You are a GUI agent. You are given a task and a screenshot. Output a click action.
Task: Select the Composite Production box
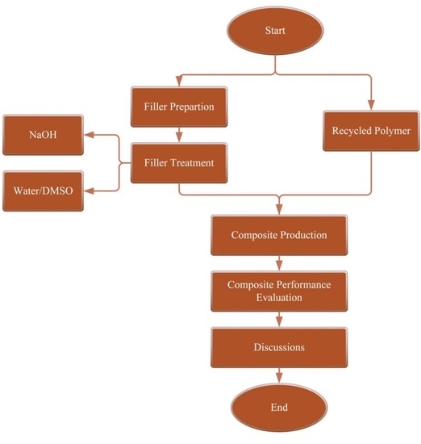[278, 235]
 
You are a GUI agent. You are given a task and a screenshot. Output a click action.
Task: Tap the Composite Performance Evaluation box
[278, 291]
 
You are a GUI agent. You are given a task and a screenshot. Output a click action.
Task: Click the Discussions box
[278, 347]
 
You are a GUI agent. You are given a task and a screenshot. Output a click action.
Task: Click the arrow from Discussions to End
[278, 376]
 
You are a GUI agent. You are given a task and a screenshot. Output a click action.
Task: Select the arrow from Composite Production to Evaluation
[278, 262]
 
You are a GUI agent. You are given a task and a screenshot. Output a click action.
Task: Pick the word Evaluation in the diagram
[278, 297]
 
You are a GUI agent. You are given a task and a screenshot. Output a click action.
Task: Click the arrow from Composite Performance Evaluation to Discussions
[278, 319]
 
